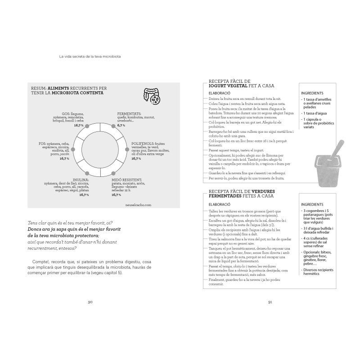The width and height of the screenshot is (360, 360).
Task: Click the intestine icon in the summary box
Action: [152, 95]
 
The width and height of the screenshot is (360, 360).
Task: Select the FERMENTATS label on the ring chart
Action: [129, 114]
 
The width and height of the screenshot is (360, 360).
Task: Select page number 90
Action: [90, 302]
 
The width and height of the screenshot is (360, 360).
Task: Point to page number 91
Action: [270, 302]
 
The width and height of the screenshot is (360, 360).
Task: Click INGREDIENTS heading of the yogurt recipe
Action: [312, 93]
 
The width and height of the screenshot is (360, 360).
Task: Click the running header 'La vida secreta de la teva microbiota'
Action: [90, 57]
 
